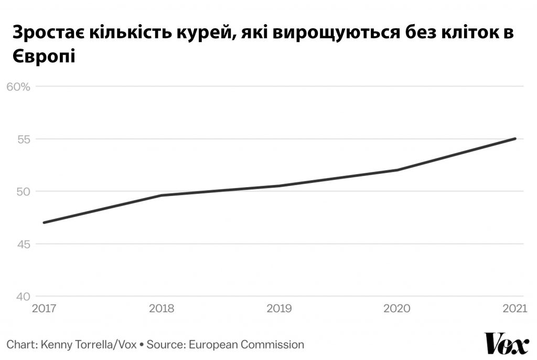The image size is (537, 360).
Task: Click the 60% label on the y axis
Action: pyautogui.click(x=18, y=87)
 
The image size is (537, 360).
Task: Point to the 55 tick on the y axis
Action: pyautogui.click(x=24, y=139)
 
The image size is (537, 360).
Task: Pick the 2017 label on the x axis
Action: pyautogui.click(x=44, y=308)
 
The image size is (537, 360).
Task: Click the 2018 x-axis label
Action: pyautogui.click(x=162, y=308)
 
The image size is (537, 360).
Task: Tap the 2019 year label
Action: pyautogui.click(x=279, y=308)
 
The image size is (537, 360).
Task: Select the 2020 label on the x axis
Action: pyautogui.click(x=397, y=308)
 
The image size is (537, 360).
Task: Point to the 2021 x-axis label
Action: pyautogui.click(x=515, y=308)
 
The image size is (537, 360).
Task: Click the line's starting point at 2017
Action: pyautogui.click(x=44, y=223)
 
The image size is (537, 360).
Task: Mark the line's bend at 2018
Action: pyautogui.click(x=162, y=195)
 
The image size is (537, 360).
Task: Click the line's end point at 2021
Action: pyautogui.click(x=515, y=138)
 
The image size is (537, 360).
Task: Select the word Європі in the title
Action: pyautogui.click(x=44, y=57)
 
